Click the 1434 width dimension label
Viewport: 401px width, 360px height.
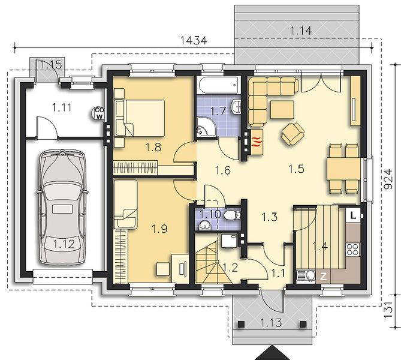(194, 40)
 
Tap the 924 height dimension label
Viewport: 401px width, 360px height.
(388, 179)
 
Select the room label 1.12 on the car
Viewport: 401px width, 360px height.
(64, 244)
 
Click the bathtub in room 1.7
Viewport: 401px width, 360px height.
(219, 85)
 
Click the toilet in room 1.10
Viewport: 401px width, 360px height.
(233, 215)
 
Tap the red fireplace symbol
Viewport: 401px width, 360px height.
(257, 142)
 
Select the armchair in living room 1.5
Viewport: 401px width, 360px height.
(293, 133)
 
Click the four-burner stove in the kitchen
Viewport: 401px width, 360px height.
(353, 250)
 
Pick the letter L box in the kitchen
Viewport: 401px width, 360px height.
(353, 215)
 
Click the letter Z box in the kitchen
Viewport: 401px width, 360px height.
(323, 277)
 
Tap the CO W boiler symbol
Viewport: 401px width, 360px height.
(99, 113)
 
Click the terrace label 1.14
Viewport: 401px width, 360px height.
(301, 31)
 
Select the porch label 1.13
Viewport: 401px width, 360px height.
(272, 323)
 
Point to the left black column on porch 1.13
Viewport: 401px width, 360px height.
(241, 324)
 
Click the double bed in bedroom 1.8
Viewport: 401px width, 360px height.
(140, 118)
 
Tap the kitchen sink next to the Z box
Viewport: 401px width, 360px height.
(306, 277)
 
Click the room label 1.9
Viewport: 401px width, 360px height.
(159, 229)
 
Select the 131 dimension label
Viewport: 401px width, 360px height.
(388, 310)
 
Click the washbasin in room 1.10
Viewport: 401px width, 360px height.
(204, 226)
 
